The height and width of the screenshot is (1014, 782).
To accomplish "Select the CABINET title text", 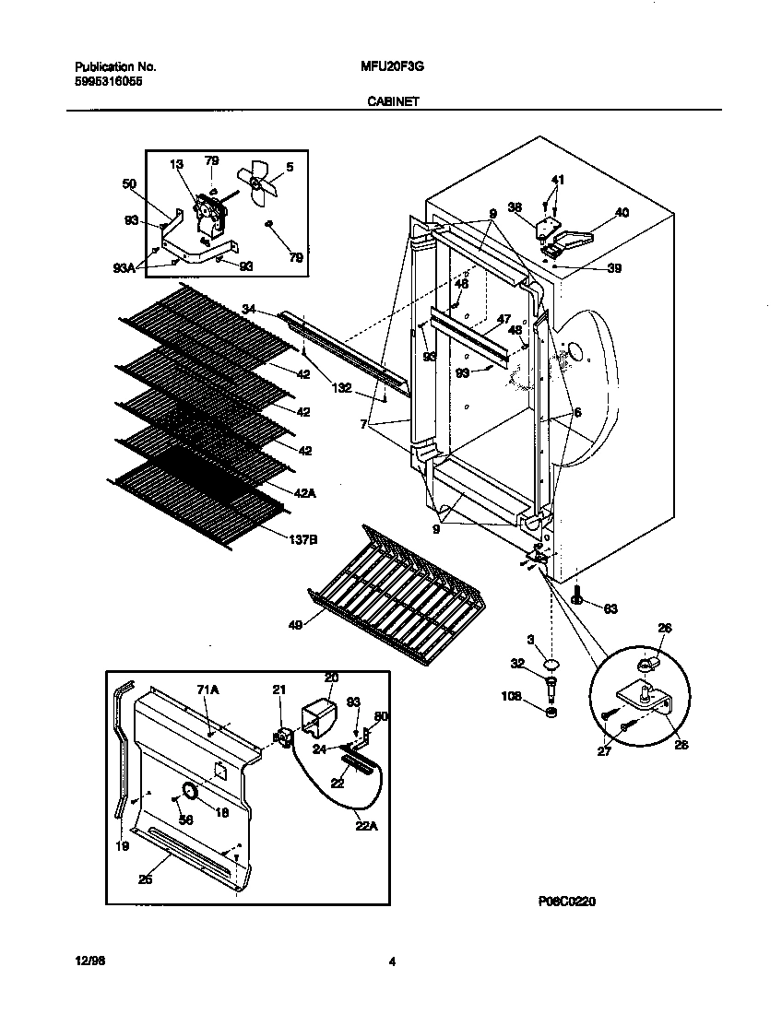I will [393, 102].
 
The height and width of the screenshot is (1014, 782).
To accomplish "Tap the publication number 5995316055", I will [108, 81].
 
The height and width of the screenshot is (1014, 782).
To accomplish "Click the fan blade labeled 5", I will [255, 182].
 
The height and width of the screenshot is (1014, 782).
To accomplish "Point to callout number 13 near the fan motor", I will [177, 164].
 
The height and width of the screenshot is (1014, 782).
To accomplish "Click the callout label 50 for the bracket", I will [129, 184].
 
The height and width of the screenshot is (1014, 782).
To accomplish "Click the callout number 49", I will [294, 624].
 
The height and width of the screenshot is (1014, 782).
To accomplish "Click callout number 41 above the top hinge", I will [557, 179].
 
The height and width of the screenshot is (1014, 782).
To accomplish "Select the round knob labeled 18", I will [189, 792].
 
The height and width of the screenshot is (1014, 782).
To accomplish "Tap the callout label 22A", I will [366, 826].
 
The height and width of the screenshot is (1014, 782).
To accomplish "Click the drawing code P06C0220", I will [563, 902].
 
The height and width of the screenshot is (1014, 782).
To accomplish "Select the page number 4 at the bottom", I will [392, 962].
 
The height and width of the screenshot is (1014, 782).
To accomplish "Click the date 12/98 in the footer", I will [86, 962].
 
